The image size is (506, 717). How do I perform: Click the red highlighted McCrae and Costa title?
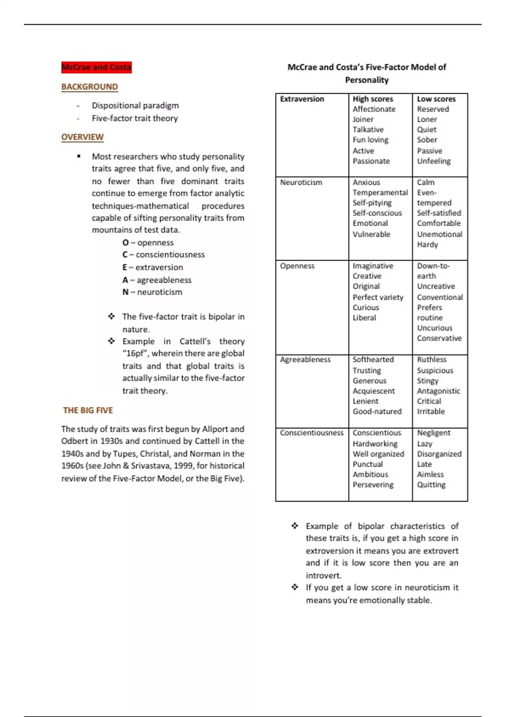click(96, 67)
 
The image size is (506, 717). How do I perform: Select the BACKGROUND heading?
click(89, 86)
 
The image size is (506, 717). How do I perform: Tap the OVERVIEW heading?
click(82, 137)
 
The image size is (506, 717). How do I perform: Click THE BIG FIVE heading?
click(88, 410)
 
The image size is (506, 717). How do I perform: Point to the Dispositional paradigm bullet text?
click(135, 105)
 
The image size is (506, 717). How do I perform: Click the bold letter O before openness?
click(125, 243)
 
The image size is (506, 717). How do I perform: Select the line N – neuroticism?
click(152, 292)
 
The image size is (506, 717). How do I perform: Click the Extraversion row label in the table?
click(302, 99)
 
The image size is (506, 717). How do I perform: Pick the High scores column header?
click(373, 99)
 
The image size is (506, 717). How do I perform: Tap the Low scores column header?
click(436, 99)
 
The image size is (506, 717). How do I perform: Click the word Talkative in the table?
click(368, 129)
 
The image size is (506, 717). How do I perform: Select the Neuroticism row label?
click(301, 182)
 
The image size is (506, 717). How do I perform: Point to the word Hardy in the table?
click(427, 244)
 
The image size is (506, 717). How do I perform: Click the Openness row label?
click(297, 266)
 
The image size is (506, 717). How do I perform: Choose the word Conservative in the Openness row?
click(439, 338)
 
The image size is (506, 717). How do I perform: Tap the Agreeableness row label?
click(305, 359)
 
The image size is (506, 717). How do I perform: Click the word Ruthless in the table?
click(431, 359)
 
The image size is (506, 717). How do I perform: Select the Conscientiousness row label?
click(312, 433)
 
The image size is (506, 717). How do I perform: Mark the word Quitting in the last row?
click(431, 485)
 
